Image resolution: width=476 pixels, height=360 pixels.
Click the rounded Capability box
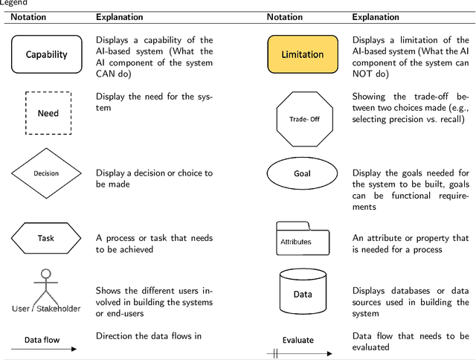coord(47,54)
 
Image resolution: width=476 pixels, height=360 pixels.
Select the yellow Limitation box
coord(303,54)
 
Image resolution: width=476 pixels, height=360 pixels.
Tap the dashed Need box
coord(48,114)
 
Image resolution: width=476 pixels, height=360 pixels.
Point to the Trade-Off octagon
coord(303,118)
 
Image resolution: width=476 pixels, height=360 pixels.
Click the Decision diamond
coord(46,173)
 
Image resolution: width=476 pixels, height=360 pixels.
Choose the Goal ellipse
coord(302,173)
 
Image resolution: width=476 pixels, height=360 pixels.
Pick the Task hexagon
coord(46,239)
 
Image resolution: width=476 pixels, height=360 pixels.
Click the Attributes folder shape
coord(303,238)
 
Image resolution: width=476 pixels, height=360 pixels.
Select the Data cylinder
coord(303,293)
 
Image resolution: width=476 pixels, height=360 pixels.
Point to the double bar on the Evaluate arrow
coord(275,354)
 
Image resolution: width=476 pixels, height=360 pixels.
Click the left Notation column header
coord(28,16)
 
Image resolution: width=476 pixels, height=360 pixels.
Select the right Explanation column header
coord(376,16)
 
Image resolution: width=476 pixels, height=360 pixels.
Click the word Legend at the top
coord(13,3)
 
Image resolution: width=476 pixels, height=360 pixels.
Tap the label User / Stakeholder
coord(46,308)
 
